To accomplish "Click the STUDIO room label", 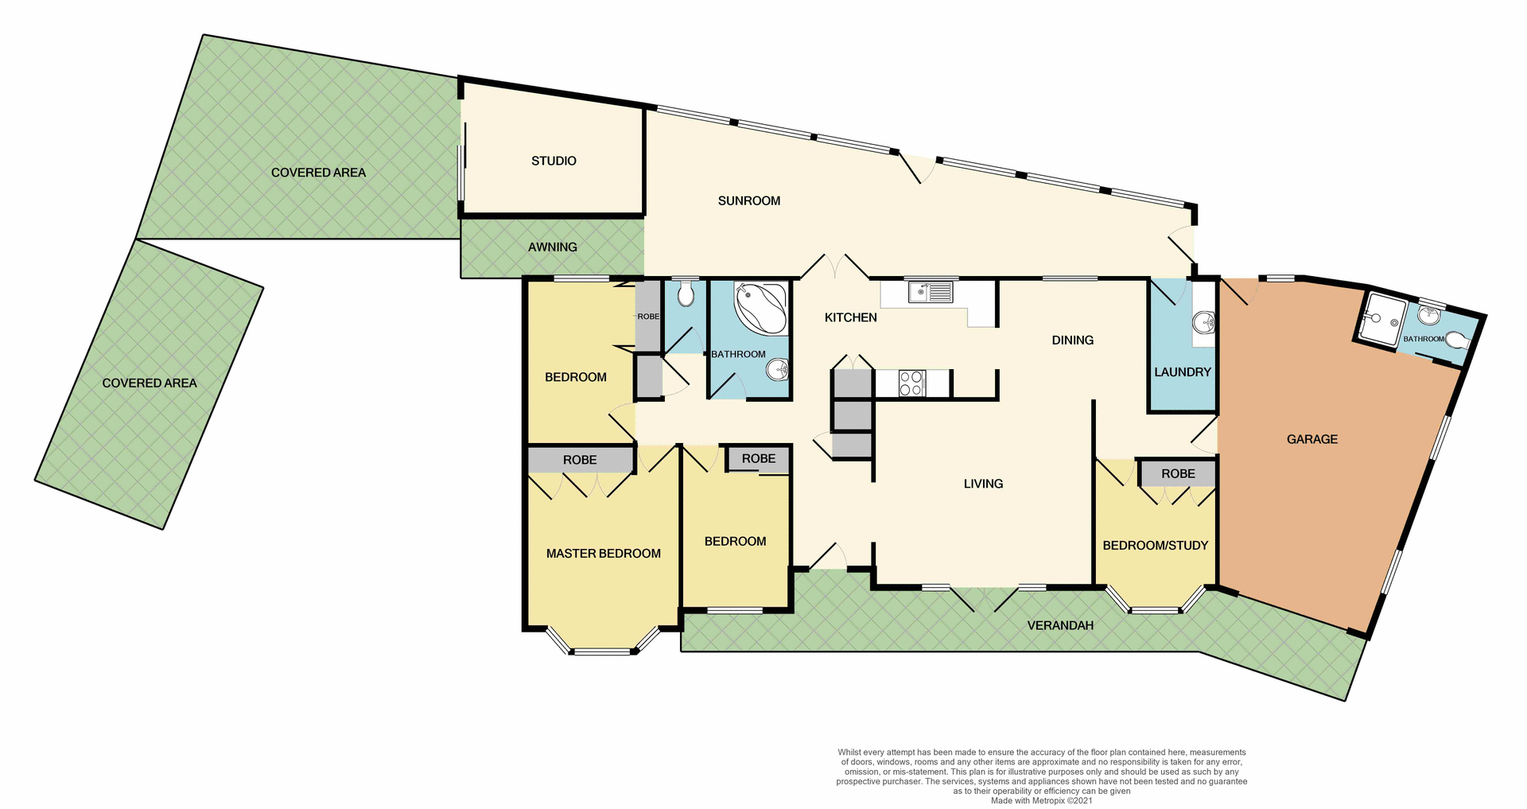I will tap(554, 161).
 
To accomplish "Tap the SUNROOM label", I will tap(748, 200).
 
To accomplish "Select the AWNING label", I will tap(552, 247).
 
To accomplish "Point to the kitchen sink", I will tap(931, 292).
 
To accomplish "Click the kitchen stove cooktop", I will tap(911, 383).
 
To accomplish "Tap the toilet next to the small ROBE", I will tap(686, 296).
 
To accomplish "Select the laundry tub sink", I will tap(1203, 322).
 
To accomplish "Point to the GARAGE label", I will tap(1311, 439).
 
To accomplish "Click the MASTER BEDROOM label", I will tap(603, 554).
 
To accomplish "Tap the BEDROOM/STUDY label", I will tap(1155, 545).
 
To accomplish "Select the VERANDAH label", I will tap(1059, 625).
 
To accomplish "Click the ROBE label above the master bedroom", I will tap(579, 460).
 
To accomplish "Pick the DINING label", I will tap(1072, 340).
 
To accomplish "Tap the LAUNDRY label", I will tap(1182, 371).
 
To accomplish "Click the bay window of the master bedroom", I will tap(602, 650).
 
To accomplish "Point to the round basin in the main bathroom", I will tap(777, 369).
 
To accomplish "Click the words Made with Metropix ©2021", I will tap(1041, 800).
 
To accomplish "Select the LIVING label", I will tap(983, 484).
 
